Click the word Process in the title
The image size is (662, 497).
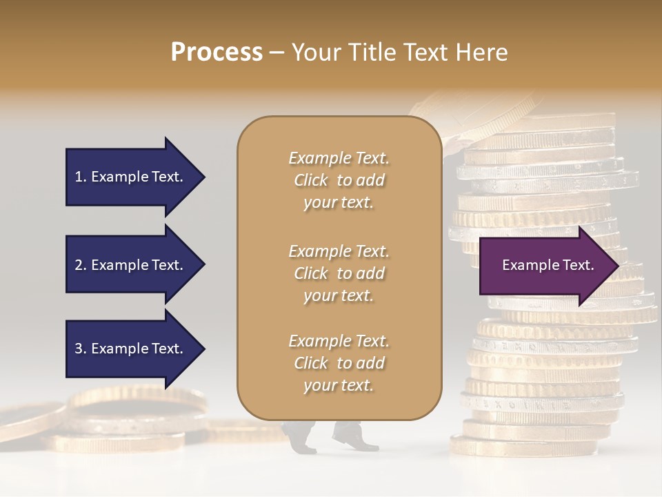coord(217,52)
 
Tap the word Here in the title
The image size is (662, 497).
coord(480,52)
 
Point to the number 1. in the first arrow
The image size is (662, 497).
coord(81,177)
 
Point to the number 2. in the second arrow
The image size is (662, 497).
coord(81,265)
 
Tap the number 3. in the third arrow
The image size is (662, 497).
coord(81,349)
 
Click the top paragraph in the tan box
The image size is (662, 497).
coord(339,180)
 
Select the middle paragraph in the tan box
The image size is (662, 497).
coord(339,273)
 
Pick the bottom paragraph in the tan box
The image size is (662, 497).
coord(339,363)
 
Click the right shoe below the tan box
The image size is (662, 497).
coord(354,437)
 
